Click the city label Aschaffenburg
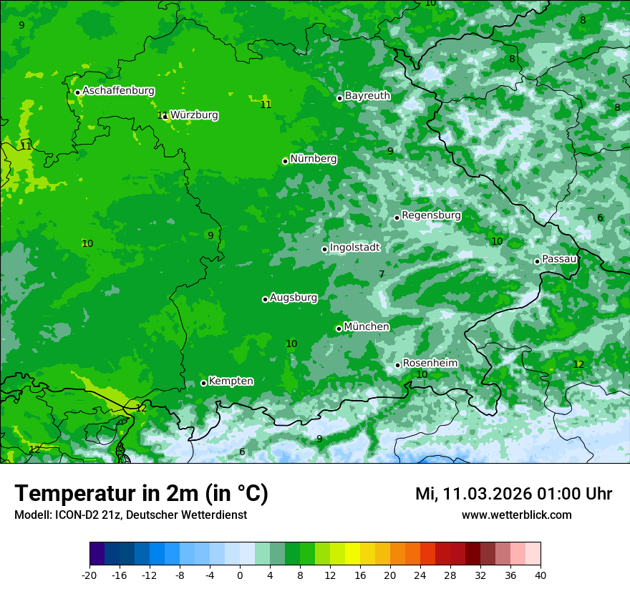pos(118,91)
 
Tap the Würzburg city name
pos(194,115)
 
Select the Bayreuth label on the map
pos(367,95)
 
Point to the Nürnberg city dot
pos(285,161)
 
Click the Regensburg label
pos(431,215)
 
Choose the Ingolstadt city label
pos(354,247)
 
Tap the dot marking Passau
pos(537,261)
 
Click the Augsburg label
pos(294,297)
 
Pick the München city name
pos(367,326)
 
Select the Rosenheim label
pos(430,363)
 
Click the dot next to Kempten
pos(203,383)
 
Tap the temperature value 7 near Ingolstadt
pos(382,274)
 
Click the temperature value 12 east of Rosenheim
pos(578,364)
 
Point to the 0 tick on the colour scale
pos(240,575)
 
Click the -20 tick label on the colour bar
pos(89,575)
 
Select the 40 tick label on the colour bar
pos(541,575)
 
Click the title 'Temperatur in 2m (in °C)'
pos(141,493)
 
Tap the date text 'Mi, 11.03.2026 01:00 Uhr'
pos(513,494)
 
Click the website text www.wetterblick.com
pos(516,515)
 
